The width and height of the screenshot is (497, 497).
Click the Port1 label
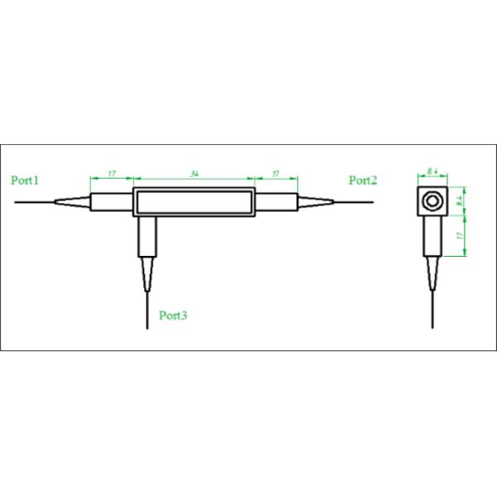click(26, 180)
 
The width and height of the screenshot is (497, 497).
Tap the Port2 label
click(363, 180)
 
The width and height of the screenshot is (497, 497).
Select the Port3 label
click(173, 315)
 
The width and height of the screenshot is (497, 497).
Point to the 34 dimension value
click(194, 174)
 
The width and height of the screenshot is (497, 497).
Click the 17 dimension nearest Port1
click(111, 174)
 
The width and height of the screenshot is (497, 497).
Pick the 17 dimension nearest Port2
click(275, 174)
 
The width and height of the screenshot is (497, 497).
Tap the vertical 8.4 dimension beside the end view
click(461, 200)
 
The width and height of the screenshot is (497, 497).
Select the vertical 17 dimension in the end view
click(461, 235)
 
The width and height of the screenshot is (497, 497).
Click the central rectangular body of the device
click(194, 200)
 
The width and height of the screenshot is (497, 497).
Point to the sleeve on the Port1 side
click(111, 200)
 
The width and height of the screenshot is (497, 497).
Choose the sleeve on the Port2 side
click(276, 200)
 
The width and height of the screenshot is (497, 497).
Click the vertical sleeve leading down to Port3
click(147, 236)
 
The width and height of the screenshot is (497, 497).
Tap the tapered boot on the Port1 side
click(73, 200)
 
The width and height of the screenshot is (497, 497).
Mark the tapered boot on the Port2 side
click(315, 200)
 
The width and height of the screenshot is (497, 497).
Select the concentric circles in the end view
click(432, 200)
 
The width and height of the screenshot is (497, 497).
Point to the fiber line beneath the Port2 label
click(356, 200)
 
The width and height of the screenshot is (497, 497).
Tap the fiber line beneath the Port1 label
click(33, 200)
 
